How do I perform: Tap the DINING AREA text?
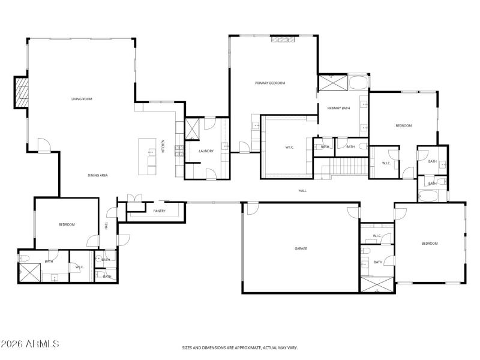coord(97,175)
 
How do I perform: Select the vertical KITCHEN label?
coord(163,145)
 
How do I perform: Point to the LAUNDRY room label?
coord(206,151)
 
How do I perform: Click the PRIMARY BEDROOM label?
coord(269,83)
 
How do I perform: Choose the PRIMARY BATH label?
coord(338,108)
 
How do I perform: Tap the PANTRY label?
coord(159,211)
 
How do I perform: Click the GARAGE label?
coord(301,248)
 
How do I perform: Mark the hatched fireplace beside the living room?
coord(22,92)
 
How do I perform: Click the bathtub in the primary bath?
coord(358,82)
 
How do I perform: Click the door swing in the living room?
coord(44,144)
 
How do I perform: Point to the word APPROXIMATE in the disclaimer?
coord(243,347)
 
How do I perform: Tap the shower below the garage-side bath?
coord(377,286)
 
